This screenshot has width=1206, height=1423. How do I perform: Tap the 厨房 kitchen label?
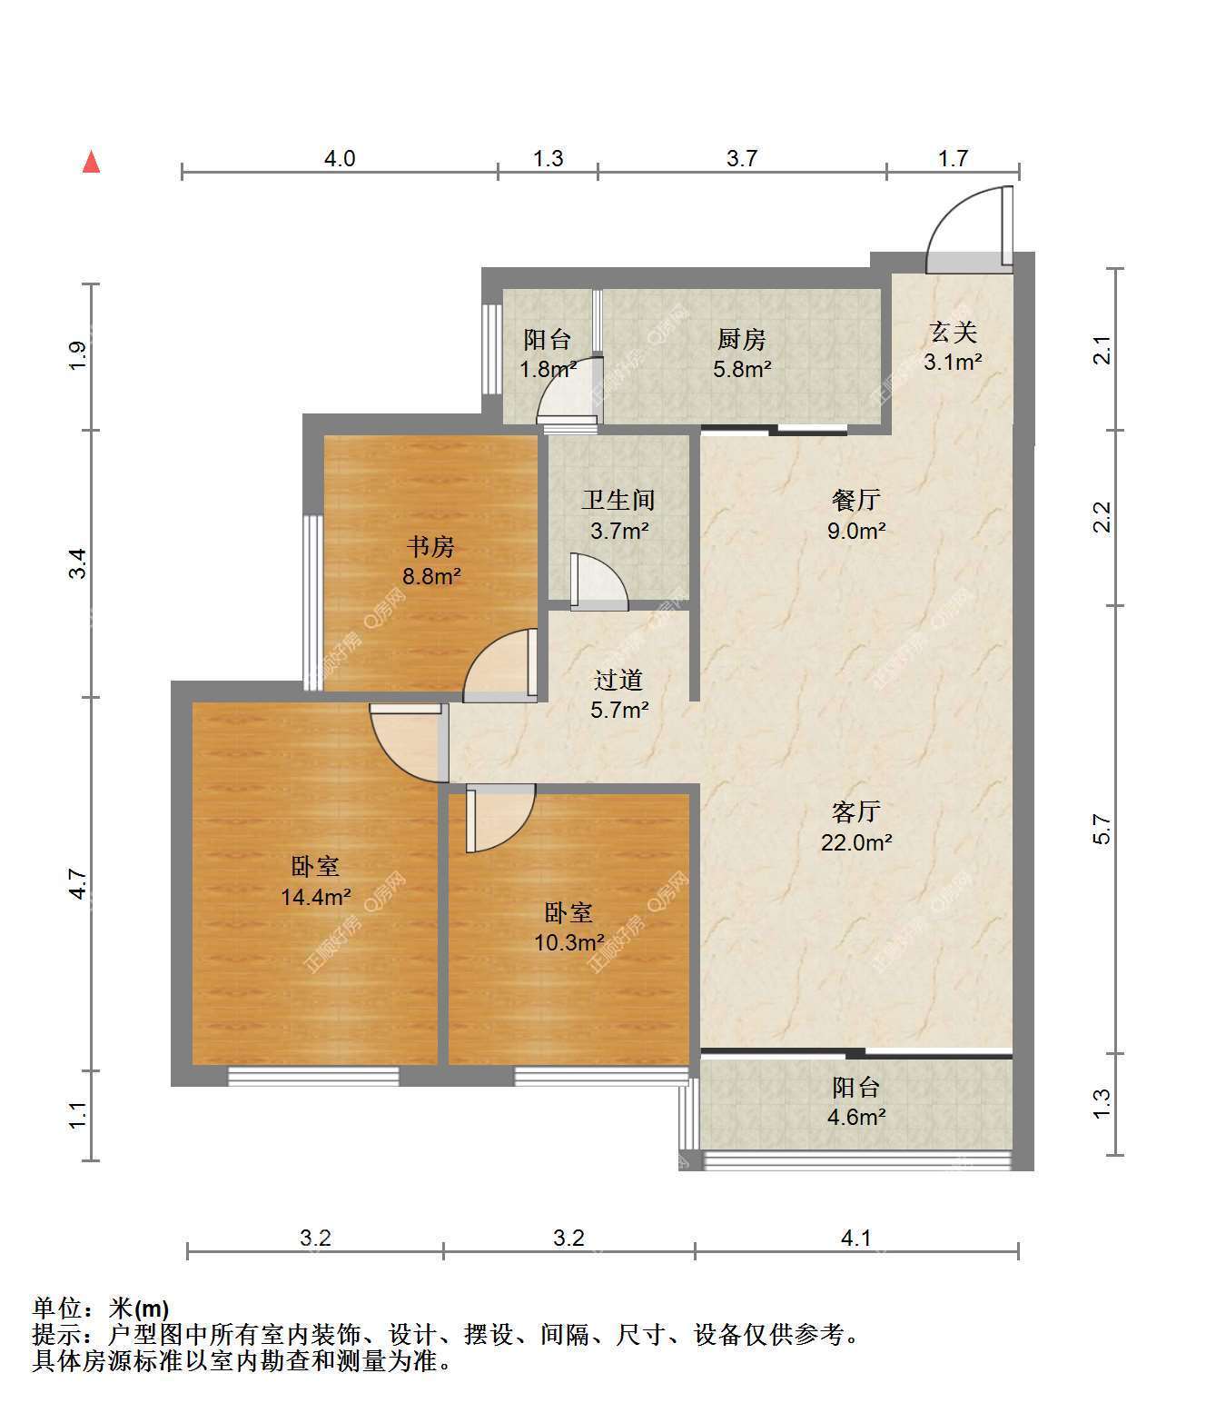tap(742, 339)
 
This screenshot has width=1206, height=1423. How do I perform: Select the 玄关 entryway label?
tap(953, 332)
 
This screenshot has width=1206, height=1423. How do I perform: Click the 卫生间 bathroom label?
tap(618, 500)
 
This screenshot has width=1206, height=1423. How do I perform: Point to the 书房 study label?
tap(430, 547)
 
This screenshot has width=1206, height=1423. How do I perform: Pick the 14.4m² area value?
tap(316, 896)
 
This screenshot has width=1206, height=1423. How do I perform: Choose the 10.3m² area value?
tap(569, 941)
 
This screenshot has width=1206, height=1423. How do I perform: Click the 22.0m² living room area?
tap(856, 842)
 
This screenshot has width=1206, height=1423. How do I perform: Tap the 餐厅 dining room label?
tap(856, 500)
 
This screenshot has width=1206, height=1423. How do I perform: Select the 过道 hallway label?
tap(618, 680)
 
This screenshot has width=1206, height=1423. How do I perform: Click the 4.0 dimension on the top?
tap(340, 158)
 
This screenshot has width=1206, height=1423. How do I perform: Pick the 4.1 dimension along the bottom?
tap(856, 1239)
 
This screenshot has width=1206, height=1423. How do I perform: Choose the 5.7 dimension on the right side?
tap(1102, 829)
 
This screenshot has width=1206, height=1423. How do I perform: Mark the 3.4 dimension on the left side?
tap(78, 563)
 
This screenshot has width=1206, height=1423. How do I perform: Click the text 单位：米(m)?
tap(101, 1308)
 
